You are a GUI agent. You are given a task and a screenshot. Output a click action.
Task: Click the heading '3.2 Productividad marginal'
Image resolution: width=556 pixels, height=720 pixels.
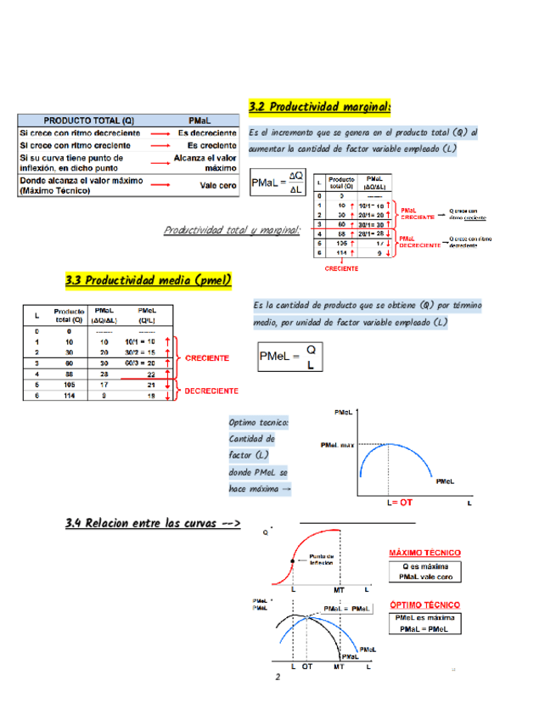(x=319, y=107)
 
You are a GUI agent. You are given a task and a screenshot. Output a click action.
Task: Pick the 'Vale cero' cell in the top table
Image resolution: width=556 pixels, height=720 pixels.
(x=218, y=185)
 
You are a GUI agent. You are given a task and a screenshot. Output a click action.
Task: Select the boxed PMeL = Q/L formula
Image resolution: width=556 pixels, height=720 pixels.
(x=290, y=357)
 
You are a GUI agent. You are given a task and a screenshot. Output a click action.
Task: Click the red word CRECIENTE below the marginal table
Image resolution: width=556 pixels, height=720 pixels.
(x=341, y=268)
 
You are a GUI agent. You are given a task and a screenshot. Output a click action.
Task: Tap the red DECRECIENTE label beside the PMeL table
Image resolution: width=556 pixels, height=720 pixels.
(x=211, y=391)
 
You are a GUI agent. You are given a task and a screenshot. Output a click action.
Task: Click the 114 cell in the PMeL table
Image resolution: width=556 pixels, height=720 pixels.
(x=69, y=395)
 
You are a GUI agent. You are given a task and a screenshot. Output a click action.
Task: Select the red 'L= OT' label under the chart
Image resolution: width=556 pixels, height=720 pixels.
(x=400, y=503)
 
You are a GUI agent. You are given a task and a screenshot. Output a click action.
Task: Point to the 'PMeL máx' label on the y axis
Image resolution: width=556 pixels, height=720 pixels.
(x=336, y=445)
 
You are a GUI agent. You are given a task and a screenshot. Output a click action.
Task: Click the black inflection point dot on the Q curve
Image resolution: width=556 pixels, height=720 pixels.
(x=292, y=561)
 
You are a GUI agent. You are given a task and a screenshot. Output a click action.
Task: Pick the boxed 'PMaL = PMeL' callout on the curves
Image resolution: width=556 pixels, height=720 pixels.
(x=346, y=609)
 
